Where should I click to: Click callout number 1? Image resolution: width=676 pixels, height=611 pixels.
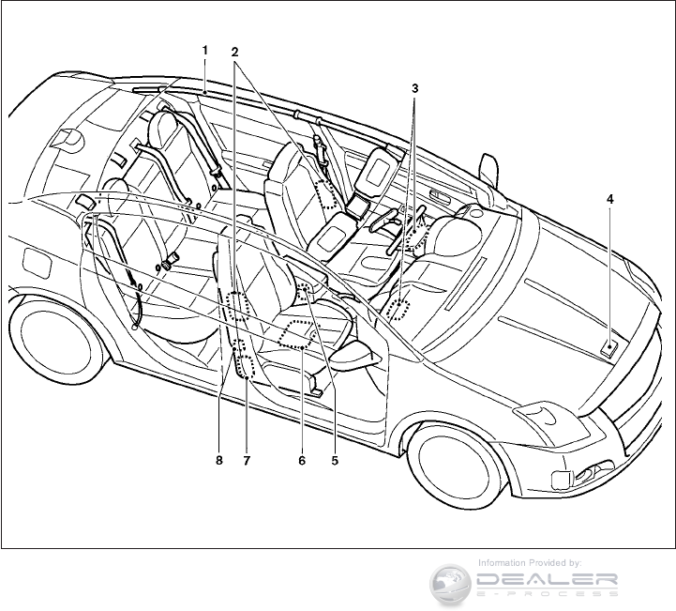click(x=204, y=49)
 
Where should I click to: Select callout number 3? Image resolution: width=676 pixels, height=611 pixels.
click(x=414, y=88)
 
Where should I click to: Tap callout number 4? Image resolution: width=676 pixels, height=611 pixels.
click(x=609, y=200)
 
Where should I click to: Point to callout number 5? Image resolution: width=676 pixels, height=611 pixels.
click(x=334, y=461)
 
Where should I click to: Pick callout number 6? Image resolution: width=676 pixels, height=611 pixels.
click(x=302, y=461)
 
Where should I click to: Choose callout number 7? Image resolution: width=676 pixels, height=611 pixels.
click(x=248, y=461)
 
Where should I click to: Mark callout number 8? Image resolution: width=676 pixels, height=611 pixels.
click(x=219, y=461)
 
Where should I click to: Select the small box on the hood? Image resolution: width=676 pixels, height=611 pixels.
click(x=610, y=348)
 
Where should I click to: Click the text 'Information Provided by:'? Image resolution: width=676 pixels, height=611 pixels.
click(x=530, y=562)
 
